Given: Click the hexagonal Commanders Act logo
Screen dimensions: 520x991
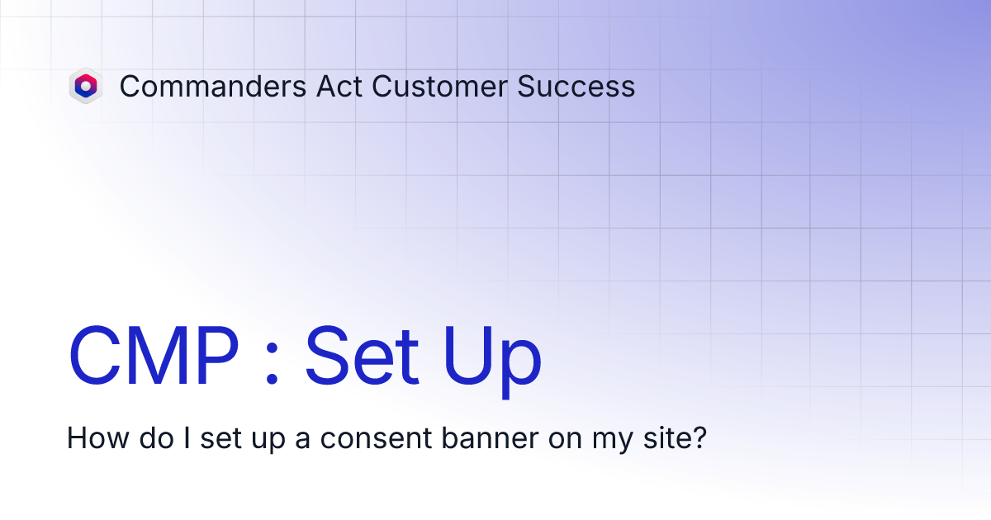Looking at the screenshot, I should [x=85, y=86].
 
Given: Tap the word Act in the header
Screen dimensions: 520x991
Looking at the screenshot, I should [x=339, y=87].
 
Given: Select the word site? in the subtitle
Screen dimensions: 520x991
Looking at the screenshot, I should [x=673, y=437].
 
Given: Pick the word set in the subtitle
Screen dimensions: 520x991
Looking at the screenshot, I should [x=220, y=438].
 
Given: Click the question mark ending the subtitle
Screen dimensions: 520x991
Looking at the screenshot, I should [x=699, y=437].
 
